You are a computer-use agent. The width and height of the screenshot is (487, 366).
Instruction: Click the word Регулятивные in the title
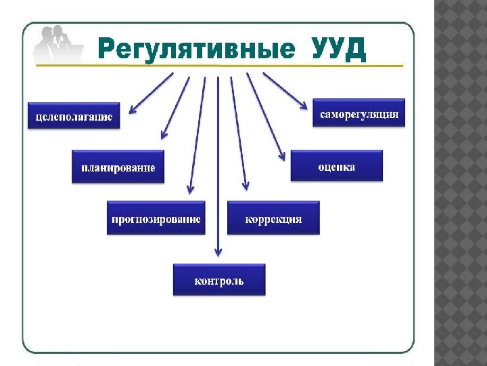pyautogui.click(x=196, y=49)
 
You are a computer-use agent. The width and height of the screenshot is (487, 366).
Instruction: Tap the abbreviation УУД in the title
pyautogui.click(x=339, y=49)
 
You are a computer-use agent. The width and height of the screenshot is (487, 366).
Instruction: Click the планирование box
pyautogui.click(x=118, y=167)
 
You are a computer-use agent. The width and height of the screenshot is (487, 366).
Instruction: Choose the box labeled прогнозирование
pyautogui.click(x=156, y=218)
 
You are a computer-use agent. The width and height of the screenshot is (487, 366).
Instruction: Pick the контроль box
pyautogui.click(x=218, y=280)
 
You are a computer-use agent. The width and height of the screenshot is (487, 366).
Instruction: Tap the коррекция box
pyautogui.click(x=273, y=218)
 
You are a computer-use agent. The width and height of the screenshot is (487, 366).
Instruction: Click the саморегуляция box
pyautogui.click(x=358, y=113)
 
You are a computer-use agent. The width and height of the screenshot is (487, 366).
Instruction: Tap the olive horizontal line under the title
pyautogui.click(x=216, y=66)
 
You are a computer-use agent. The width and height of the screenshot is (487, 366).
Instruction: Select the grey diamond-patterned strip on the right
pyautogui.click(x=460, y=183)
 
